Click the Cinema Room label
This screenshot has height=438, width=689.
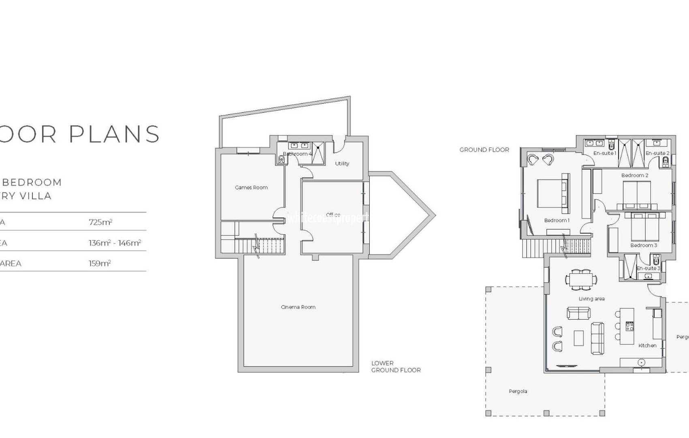[x=298, y=307]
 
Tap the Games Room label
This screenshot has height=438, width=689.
[x=251, y=187]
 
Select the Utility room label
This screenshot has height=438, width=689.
[x=342, y=163]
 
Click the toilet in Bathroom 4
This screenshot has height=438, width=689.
[x=281, y=160]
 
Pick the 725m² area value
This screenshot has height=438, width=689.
[x=101, y=222]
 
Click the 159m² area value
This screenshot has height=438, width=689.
[x=100, y=263]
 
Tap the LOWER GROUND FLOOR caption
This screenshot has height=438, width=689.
[x=396, y=367]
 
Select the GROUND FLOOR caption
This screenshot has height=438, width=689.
[x=484, y=150]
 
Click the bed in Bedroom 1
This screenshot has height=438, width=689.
[x=551, y=193]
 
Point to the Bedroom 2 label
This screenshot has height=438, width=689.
[x=635, y=175]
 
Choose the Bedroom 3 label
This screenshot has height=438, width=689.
[x=644, y=245]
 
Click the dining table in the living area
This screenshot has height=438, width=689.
[x=581, y=279]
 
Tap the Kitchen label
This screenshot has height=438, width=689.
[x=647, y=346]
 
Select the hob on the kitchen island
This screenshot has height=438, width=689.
[x=629, y=326]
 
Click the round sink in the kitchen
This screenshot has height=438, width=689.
[x=642, y=362]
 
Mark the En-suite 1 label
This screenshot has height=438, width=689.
[x=604, y=153]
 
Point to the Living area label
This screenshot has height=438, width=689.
[x=591, y=299]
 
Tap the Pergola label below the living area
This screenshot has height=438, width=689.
[x=518, y=391]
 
